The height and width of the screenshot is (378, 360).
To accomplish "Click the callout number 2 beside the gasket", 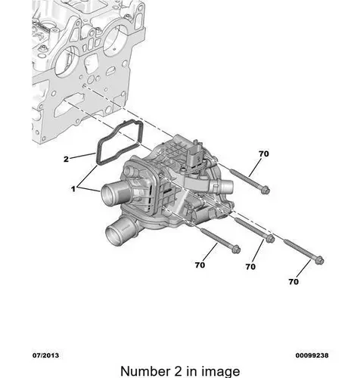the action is click(x=66, y=160).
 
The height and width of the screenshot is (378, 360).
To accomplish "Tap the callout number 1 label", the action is click(x=73, y=188).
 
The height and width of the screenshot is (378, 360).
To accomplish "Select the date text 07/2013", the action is click(x=45, y=355).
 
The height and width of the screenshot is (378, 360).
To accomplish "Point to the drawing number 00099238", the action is click(x=312, y=355).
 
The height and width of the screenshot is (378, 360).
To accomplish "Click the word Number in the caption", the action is click(x=145, y=371).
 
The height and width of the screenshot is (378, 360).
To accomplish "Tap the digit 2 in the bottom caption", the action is click(x=178, y=371).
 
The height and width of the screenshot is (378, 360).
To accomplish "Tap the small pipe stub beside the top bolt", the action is click(x=225, y=186).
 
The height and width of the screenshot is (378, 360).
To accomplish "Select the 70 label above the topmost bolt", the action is click(x=264, y=153).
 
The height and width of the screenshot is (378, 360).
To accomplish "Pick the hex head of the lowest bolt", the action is click(x=319, y=260).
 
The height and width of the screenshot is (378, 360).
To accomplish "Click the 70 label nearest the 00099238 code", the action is click(x=293, y=281).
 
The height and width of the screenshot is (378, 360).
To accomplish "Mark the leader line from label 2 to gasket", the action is click(x=82, y=156).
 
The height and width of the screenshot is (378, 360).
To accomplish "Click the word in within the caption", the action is click(x=191, y=371).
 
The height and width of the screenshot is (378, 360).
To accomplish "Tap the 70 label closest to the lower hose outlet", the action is click(x=200, y=265).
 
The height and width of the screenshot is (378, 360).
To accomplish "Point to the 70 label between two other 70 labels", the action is click(x=250, y=267).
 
